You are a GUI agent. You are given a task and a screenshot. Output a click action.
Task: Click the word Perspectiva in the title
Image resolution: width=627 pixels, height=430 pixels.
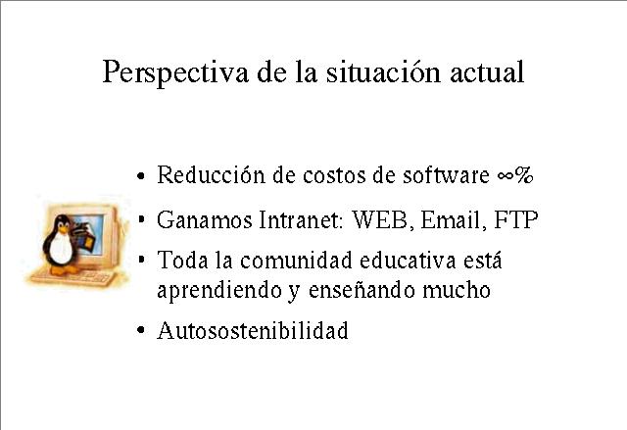175,72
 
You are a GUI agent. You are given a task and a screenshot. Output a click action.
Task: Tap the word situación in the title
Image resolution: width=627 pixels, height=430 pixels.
383,72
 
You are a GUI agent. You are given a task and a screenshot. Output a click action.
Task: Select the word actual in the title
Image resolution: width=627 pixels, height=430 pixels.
487,72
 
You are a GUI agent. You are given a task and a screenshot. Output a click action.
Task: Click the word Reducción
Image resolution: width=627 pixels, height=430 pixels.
211,174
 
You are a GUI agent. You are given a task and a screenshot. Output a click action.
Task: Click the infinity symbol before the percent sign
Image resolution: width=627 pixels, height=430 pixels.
506,176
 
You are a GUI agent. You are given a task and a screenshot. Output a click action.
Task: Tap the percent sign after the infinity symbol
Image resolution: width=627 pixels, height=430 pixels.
523,175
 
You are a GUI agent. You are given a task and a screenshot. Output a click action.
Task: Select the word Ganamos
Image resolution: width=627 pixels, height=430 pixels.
205,219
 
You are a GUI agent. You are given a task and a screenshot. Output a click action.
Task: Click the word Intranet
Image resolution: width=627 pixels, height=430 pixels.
302,219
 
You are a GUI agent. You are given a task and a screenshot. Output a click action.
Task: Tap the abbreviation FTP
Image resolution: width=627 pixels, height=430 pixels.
516,219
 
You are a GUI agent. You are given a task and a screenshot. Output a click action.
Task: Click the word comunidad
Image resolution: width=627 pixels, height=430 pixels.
296,261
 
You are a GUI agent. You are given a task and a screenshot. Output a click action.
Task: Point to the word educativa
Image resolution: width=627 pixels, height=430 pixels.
408,261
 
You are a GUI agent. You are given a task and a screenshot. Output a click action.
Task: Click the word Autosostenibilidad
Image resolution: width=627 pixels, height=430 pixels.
253,330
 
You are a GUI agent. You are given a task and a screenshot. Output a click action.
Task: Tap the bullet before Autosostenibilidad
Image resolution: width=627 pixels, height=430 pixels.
140,330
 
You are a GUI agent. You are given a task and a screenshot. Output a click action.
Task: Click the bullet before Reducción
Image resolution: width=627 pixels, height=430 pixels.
140,175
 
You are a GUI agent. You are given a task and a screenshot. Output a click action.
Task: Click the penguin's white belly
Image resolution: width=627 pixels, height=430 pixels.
61,248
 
